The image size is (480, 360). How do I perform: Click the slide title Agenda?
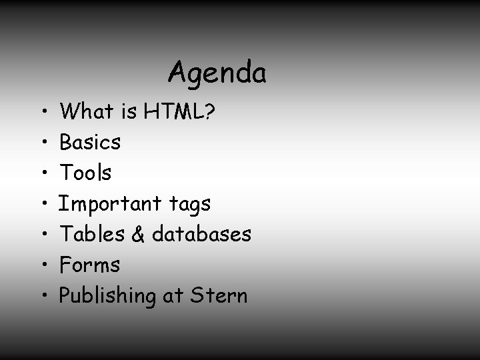[x=217, y=73]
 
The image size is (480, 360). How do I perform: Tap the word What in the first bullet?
[x=86, y=111]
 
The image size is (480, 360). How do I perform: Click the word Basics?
[x=90, y=142]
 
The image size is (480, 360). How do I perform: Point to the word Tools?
[x=86, y=173]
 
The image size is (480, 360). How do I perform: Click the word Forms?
[x=90, y=265]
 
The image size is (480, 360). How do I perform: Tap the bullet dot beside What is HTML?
[x=43, y=112]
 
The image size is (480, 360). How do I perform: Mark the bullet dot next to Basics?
[x=43, y=143]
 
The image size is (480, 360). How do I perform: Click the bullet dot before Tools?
[x=43, y=173]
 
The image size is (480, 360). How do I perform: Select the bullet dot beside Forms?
[x=43, y=265]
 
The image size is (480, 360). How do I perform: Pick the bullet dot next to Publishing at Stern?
[x=43, y=296]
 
